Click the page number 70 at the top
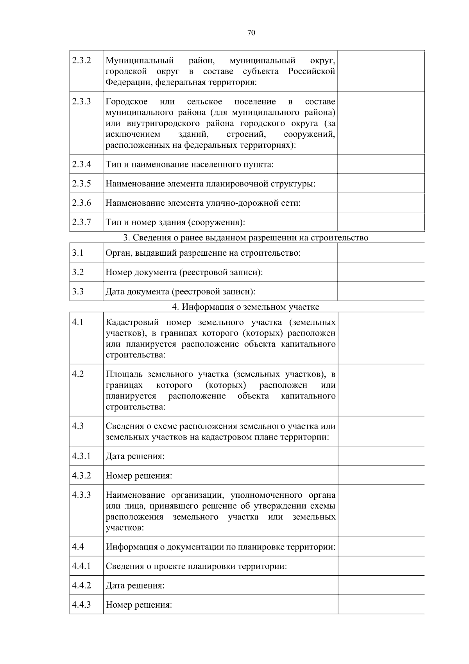(251, 33)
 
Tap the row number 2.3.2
(81, 61)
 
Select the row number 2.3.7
(81, 222)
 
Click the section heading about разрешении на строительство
(246, 237)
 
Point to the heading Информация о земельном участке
(246, 307)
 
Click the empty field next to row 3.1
(381, 253)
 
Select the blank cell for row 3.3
(381, 291)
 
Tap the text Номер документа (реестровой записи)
(184, 272)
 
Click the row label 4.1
(78, 322)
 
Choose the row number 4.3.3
(81, 495)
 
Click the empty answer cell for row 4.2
(381, 390)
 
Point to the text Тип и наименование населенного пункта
(190, 164)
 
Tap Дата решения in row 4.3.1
(135, 456)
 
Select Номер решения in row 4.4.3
(139, 605)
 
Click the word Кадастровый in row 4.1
(132, 323)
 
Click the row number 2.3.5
(81, 183)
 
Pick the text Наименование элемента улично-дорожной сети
(203, 203)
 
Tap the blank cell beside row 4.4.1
(381, 566)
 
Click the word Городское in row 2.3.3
(127, 102)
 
